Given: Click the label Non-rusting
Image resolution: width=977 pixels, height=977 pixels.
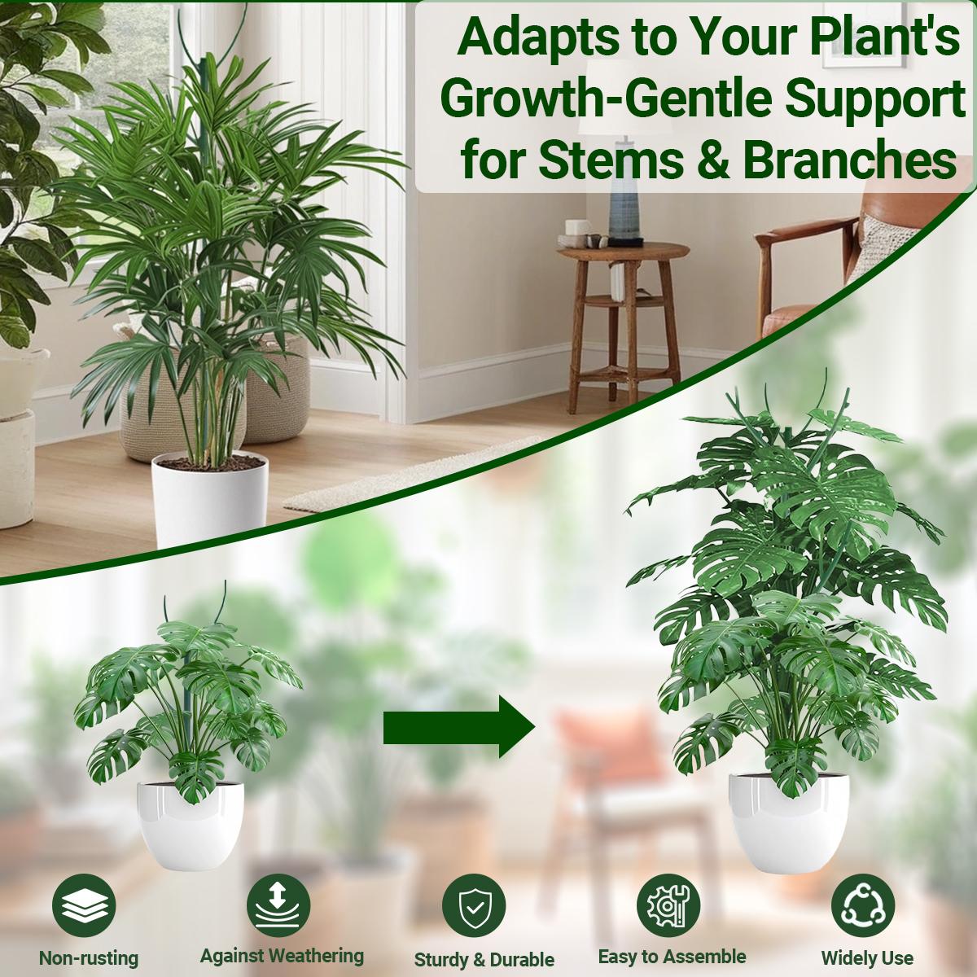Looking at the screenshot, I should click(x=89, y=958).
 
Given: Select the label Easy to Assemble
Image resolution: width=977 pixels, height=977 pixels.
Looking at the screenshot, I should click(x=672, y=956).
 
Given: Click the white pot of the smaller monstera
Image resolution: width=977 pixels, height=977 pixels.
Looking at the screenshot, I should click(x=191, y=822).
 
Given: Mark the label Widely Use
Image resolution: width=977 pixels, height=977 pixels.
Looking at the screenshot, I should click(x=867, y=958).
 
